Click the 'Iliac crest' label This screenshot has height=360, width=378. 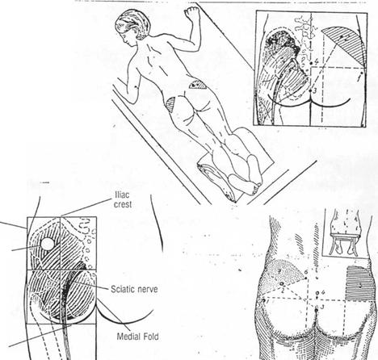click(123, 199)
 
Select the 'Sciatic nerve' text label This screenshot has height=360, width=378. click(134, 290)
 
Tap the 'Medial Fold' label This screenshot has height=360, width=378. click(137, 337)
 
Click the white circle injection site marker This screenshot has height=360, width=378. click(47, 244)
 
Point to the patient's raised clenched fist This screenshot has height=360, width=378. click(191, 13)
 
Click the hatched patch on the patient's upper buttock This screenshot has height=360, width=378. click(198, 85)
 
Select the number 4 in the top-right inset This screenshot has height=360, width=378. click(317, 61)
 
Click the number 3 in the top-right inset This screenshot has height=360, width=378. click(315, 90)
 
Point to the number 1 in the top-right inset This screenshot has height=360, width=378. click(359, 78)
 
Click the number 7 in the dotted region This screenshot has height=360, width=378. click(279, 272)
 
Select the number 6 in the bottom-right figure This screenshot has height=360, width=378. click(306, 272)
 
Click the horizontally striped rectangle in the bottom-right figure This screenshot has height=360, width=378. click(359, 283)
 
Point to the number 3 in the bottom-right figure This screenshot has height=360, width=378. click(321, 307)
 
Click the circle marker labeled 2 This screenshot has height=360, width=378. click(282, 283)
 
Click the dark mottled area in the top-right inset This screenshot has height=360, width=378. click(283, 43)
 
